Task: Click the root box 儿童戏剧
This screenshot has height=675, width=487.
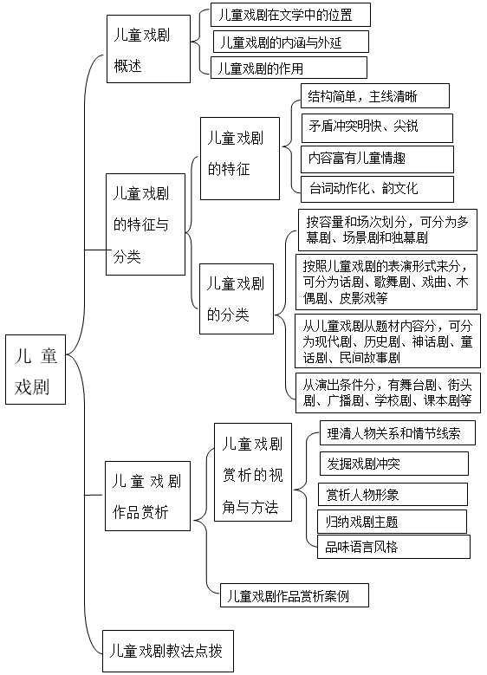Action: click(36, 369)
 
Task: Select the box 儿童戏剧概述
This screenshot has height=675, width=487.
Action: click(148, 49)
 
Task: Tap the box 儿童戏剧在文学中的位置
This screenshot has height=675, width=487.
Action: click(290, 15)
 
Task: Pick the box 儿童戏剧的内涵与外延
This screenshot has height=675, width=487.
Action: click(291, 42)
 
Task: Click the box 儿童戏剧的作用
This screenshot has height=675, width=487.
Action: click(289, 68)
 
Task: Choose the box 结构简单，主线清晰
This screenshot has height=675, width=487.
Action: click(375, 95)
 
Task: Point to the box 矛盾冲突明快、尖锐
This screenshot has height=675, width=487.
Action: click(377, 128)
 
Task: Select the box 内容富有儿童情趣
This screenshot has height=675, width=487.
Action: click(377, 159)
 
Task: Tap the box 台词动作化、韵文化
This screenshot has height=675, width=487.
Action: click(377, 189)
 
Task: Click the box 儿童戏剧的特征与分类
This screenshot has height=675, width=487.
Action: click(146, 224)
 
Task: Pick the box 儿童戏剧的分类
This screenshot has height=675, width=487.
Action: click(237, 299)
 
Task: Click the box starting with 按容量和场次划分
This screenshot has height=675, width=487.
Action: click(387, 230)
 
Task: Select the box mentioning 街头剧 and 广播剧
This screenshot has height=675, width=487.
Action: click(388, 393)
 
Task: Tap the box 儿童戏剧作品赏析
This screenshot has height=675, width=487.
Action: click(147, 496)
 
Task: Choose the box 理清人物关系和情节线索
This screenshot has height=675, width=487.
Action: click(398, 432)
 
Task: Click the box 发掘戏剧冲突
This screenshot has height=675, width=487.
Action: click(394, 464)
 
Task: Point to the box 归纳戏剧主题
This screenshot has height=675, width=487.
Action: click(392, 522)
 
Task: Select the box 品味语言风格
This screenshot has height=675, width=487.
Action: click(393, 547)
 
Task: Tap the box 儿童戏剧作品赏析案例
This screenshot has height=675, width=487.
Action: click(295, 595)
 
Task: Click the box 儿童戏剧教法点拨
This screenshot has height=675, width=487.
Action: click(168, 651)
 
